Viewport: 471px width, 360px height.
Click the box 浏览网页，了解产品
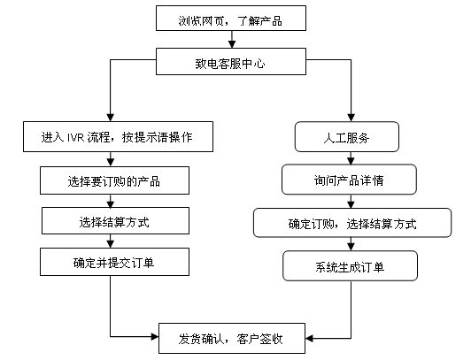coord(231,19)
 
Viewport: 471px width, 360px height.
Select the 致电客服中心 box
coord(231,62)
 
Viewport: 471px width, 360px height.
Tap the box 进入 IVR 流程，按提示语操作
coord(118,136)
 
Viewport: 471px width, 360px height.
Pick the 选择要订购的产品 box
coord(114,180)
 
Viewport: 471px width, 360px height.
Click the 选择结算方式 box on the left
coord(115,220)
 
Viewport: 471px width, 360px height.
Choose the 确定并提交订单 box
coord(114,262)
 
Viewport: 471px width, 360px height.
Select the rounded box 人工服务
coord(347,137)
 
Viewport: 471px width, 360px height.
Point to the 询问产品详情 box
coord(349,180)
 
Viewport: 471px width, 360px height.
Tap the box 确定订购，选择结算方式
coord(352,223)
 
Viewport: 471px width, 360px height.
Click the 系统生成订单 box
coord(351,266)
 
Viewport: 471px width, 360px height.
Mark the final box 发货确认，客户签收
coord(232,339)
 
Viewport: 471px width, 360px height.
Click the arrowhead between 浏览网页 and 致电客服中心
coord(232,44)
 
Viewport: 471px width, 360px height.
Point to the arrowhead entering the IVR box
coord(111,118)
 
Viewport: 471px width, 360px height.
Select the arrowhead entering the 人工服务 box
coord(351,118)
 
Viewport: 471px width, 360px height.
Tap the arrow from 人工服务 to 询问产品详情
coord(351,158)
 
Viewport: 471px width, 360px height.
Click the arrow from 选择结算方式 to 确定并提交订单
coord(111,241)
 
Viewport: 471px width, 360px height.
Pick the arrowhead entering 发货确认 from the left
coord(155,337)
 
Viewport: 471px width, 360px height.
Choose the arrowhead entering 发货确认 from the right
coord(309,339)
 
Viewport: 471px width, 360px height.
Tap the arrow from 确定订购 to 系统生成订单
coord(351,244)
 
